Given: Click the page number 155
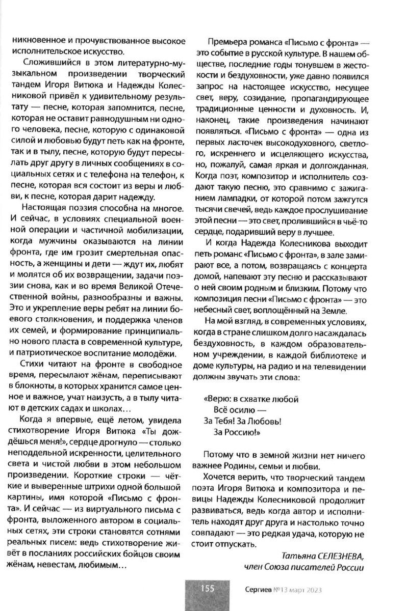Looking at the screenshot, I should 207,589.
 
